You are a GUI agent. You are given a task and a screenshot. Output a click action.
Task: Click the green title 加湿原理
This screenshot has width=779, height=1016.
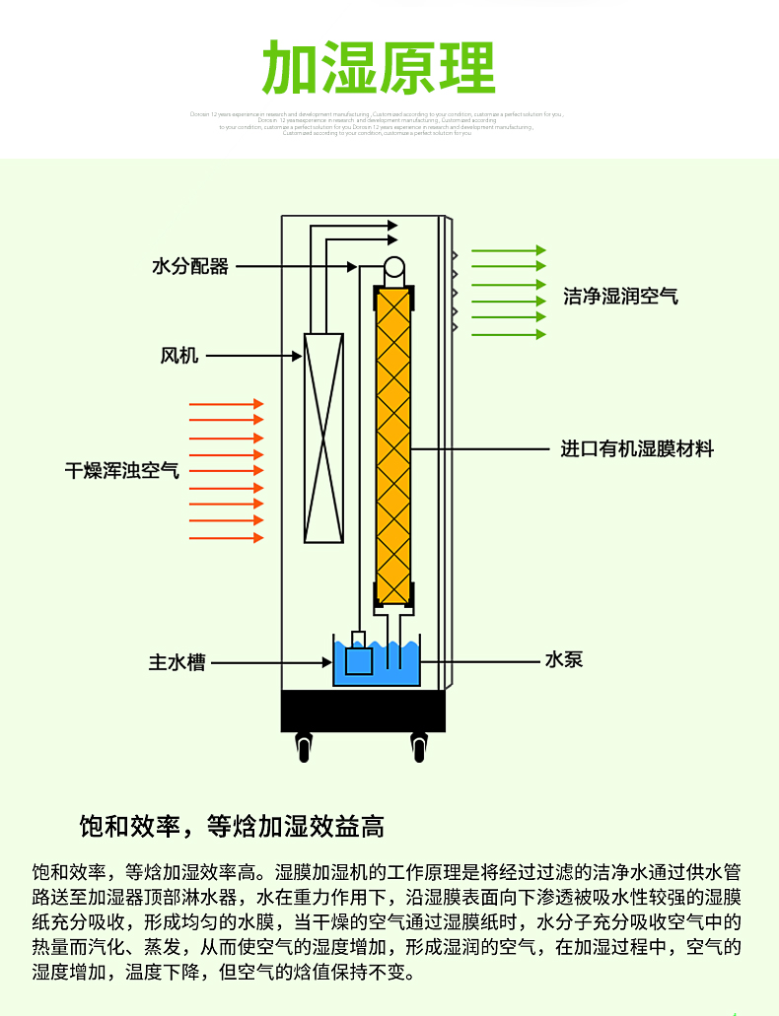pyautogui.click(x=379, y=68)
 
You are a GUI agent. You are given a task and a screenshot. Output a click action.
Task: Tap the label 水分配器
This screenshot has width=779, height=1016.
pyautogui.click(x=190, y=266)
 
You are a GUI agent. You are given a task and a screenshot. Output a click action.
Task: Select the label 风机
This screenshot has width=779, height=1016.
pyautogui.click(x=179, y=355)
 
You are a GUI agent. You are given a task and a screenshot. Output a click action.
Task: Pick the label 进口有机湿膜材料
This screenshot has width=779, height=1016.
pyautogui.click(x=637, y=449)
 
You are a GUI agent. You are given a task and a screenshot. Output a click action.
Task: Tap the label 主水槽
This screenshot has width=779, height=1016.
pyautogui.click(x=177, y=663)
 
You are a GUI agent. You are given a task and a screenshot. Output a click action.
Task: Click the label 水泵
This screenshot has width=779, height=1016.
pyautogui.click(x=564, y=659)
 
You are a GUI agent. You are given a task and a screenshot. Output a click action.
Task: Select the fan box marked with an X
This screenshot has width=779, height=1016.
pyautogui.click(x=323, y=438)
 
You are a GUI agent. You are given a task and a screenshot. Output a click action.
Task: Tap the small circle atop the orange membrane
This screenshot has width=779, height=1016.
pyautogui.click(x=394, y=267)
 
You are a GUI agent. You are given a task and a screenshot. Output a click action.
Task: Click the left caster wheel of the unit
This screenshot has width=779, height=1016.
pyautogui.click(x=302, y=746)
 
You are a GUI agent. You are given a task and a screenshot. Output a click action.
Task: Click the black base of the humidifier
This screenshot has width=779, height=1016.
pyautogui.click(x=363, y=711)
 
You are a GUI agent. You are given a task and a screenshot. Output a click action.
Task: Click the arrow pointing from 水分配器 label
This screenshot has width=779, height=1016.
pyautogui.click(x=296, y=266)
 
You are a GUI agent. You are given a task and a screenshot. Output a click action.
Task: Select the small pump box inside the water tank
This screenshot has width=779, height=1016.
pyautogui.click(x=359, y=658)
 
